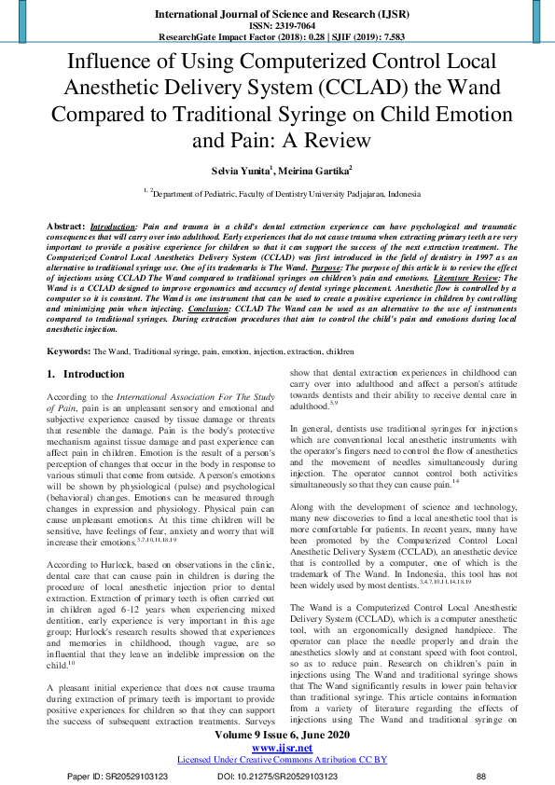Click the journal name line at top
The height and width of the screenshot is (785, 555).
(277, 15)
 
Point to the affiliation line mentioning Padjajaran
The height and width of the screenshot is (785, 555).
(277, 194)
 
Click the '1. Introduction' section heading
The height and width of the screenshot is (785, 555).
(86, 374)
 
